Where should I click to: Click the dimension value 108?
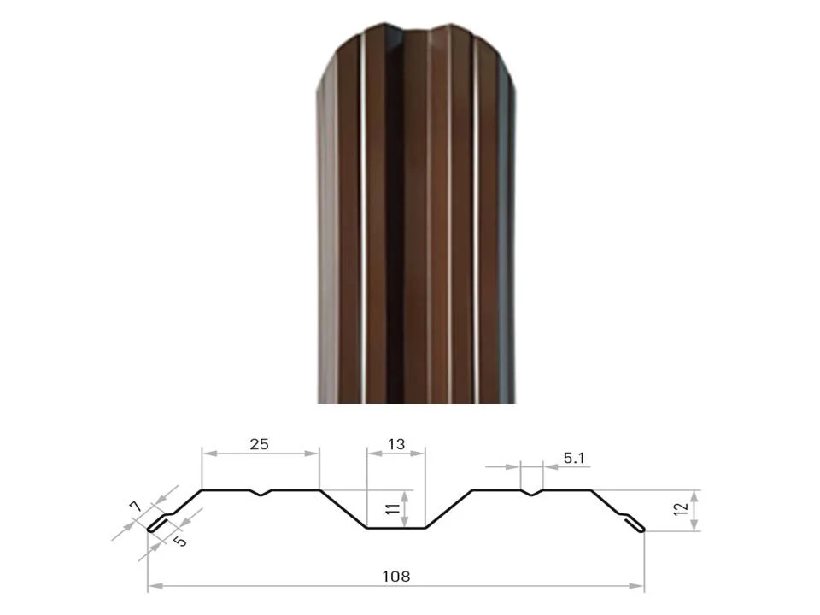point(395,577)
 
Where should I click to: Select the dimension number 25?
point(259,444)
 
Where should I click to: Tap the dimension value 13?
point(396,444)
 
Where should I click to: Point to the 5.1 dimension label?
point(574,458)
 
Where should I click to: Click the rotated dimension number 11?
point(393,508)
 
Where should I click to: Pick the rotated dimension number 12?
point(681,509)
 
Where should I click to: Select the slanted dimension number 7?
point(136,507)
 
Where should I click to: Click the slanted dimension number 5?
point(180,540)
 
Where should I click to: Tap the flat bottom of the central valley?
point(395,528)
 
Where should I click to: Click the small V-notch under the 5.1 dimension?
point(531,493)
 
